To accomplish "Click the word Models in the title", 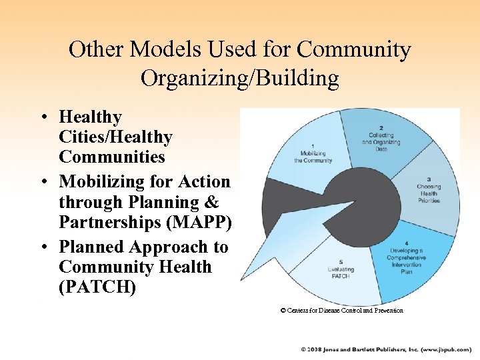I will click(159, 49).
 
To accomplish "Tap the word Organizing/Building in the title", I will click(240, 78).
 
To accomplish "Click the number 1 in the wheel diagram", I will click(313, 146).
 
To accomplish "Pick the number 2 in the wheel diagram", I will click(381, 127).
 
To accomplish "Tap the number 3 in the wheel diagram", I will click(428, 179).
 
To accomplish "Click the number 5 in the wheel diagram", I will click(341, 261).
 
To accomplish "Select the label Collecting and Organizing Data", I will click(381, 141).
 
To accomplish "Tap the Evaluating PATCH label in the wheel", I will click(341, 273).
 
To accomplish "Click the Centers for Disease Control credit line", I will click(341, 311).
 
